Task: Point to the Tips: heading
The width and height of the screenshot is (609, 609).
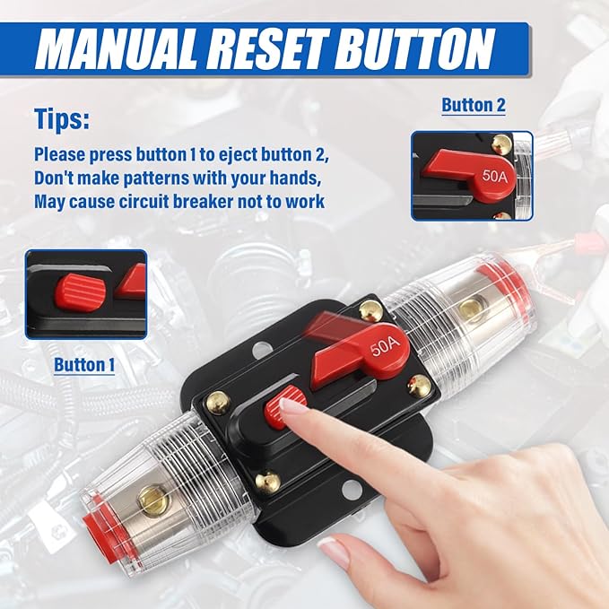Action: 62,119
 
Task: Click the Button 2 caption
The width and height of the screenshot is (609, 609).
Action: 474,105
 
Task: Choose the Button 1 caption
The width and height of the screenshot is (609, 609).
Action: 85,365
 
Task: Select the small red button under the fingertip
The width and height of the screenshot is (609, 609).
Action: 284,404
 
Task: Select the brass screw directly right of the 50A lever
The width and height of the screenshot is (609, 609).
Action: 418,386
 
